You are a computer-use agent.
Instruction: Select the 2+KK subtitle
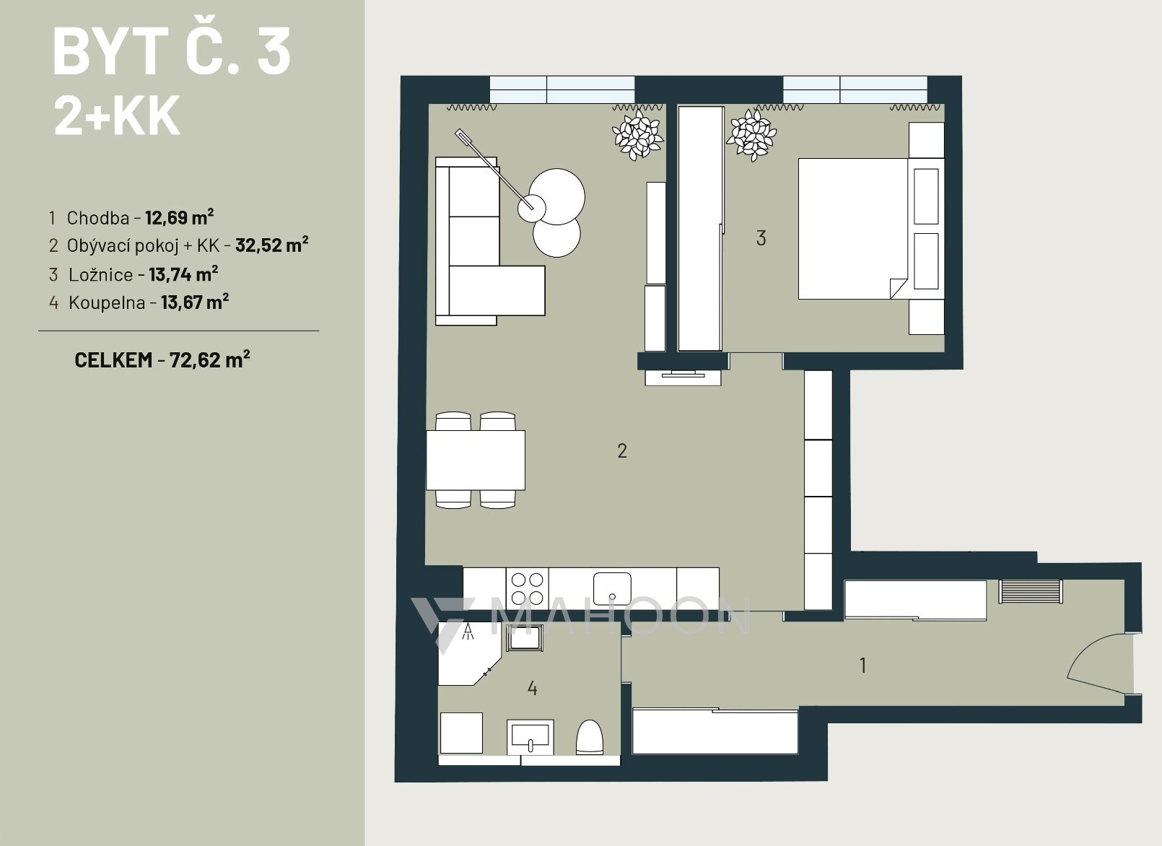(x=117, y=115)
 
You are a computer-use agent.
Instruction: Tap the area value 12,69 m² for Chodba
(x=180, y=217)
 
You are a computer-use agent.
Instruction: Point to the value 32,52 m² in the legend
(x=272, y=245)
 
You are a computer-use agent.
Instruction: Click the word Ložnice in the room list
(x=100, y=274)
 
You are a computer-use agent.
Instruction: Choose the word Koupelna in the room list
(x=107, y=302)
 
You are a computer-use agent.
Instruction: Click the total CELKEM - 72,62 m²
(x=162, y=359)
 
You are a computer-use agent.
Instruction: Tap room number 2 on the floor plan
(x=622, y=450)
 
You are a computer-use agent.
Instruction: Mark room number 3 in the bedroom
(x=761, y=238)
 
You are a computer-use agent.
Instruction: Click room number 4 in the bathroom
(x=532, y=689)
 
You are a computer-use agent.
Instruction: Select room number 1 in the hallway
(x=862, y=666)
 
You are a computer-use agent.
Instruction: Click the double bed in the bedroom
(x=853, y=229)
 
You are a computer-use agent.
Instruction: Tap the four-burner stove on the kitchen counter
(x=527, y=588)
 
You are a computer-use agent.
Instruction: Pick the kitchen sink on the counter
(x=612, y=589)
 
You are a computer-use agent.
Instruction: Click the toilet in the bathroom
(x=590, y=737)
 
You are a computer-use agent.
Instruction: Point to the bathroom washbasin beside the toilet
(x=530, y=736)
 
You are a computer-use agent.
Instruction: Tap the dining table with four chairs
(x=476, y=460)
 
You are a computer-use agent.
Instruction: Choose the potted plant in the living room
(x=637, y=134)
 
